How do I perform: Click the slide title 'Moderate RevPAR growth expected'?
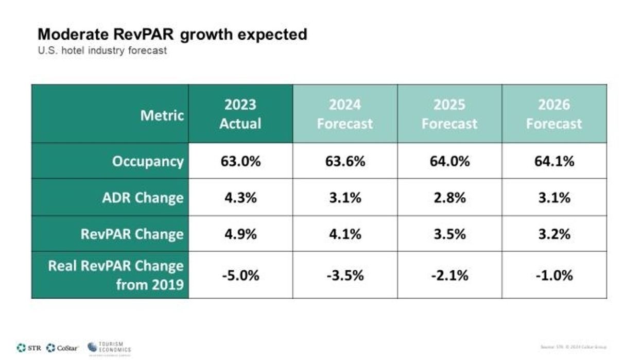(x=172, y=35)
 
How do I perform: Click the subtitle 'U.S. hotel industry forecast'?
(x=102, y=51)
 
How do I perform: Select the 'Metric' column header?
(x=162, y=115)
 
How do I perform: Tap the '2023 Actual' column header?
(x=240, y=114)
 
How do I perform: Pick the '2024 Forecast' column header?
(x=344, y=114)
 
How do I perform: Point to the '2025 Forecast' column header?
(x=449, y=114)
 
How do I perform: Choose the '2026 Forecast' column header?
(x=554, y=114)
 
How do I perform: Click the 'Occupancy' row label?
(x=148, y=161)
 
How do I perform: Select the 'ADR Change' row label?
(x=143, y=198)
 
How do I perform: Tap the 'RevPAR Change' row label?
(x=132, y=234)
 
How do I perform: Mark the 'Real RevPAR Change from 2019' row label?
(x=116, y=275)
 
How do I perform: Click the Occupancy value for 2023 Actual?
(x=240, y=161)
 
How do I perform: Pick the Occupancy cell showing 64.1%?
(x=554, y=161)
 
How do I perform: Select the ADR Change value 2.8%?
(x=449, y=198)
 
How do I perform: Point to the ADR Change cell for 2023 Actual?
(x=240, y=198)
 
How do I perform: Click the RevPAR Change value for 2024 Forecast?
(x=344, y=234)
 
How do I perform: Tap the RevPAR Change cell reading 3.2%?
(x=554, y=234)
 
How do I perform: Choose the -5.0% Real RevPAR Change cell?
(x=240, y=276)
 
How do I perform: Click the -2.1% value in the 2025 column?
(x=449, y=276)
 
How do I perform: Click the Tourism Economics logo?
(x=109, y=348)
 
